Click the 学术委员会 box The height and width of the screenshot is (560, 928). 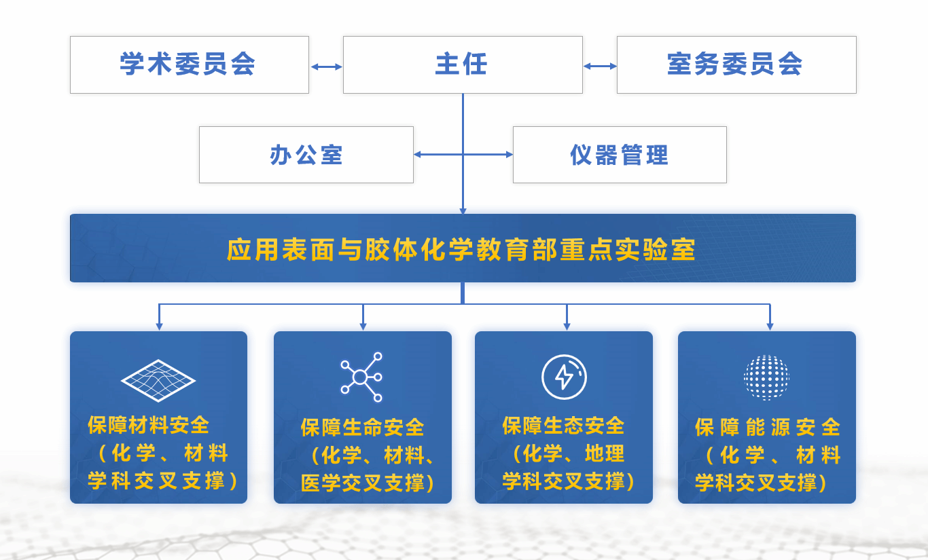[x=189, y=64]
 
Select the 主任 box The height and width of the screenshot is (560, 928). [x=462, y=64]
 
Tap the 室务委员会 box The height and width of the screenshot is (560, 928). [x=736, y=64]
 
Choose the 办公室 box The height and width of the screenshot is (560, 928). [x=306, y=155]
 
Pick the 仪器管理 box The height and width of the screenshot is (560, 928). [x=619, y=155]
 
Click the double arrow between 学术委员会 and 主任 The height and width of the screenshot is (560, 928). [x=326, y=67]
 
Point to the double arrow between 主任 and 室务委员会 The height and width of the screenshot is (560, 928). [x=600, y=67]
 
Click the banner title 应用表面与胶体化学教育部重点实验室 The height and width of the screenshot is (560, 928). [x=462, y=250]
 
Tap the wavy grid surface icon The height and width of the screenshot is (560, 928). [x=158, y=379]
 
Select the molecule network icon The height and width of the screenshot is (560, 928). [x=361, y=377]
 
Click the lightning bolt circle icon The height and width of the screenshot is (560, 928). [x=564, y=377]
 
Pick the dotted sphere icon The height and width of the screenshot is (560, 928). [x=766, y=377]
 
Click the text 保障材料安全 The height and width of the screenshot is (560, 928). [x=149, y=426]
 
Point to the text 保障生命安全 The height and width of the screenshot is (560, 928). [x=362, y=428]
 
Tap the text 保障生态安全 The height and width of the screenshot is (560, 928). [x=563, y=426]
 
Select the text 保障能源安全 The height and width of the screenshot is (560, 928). [x=767, y=428]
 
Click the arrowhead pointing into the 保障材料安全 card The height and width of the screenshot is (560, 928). [x=159, y=326]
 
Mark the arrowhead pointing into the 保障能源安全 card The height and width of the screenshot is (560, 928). [x=770, y=326]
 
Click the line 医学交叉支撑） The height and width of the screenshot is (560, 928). [x=367, y=483]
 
